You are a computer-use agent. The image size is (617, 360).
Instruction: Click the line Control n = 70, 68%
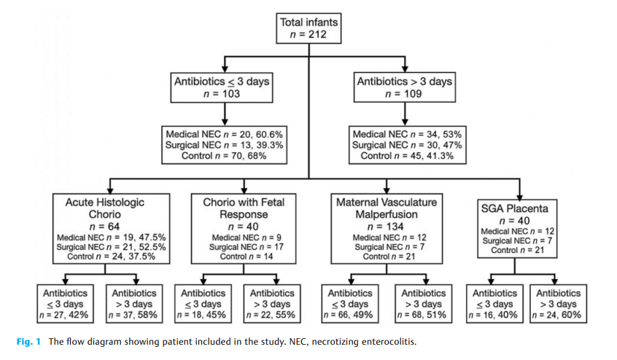tap(221, 155)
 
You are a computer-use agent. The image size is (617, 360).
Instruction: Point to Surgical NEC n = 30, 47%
tap(405, 145)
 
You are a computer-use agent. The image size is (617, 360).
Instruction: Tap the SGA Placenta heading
tap(519, 208)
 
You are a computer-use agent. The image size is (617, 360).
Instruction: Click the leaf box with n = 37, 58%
tap(132, 304)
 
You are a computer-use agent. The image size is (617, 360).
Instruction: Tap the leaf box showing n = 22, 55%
tap(269, 304)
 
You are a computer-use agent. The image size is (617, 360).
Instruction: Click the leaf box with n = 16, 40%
tap(495, 304)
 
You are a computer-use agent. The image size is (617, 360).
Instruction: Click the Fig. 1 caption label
tap(28, 341)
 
